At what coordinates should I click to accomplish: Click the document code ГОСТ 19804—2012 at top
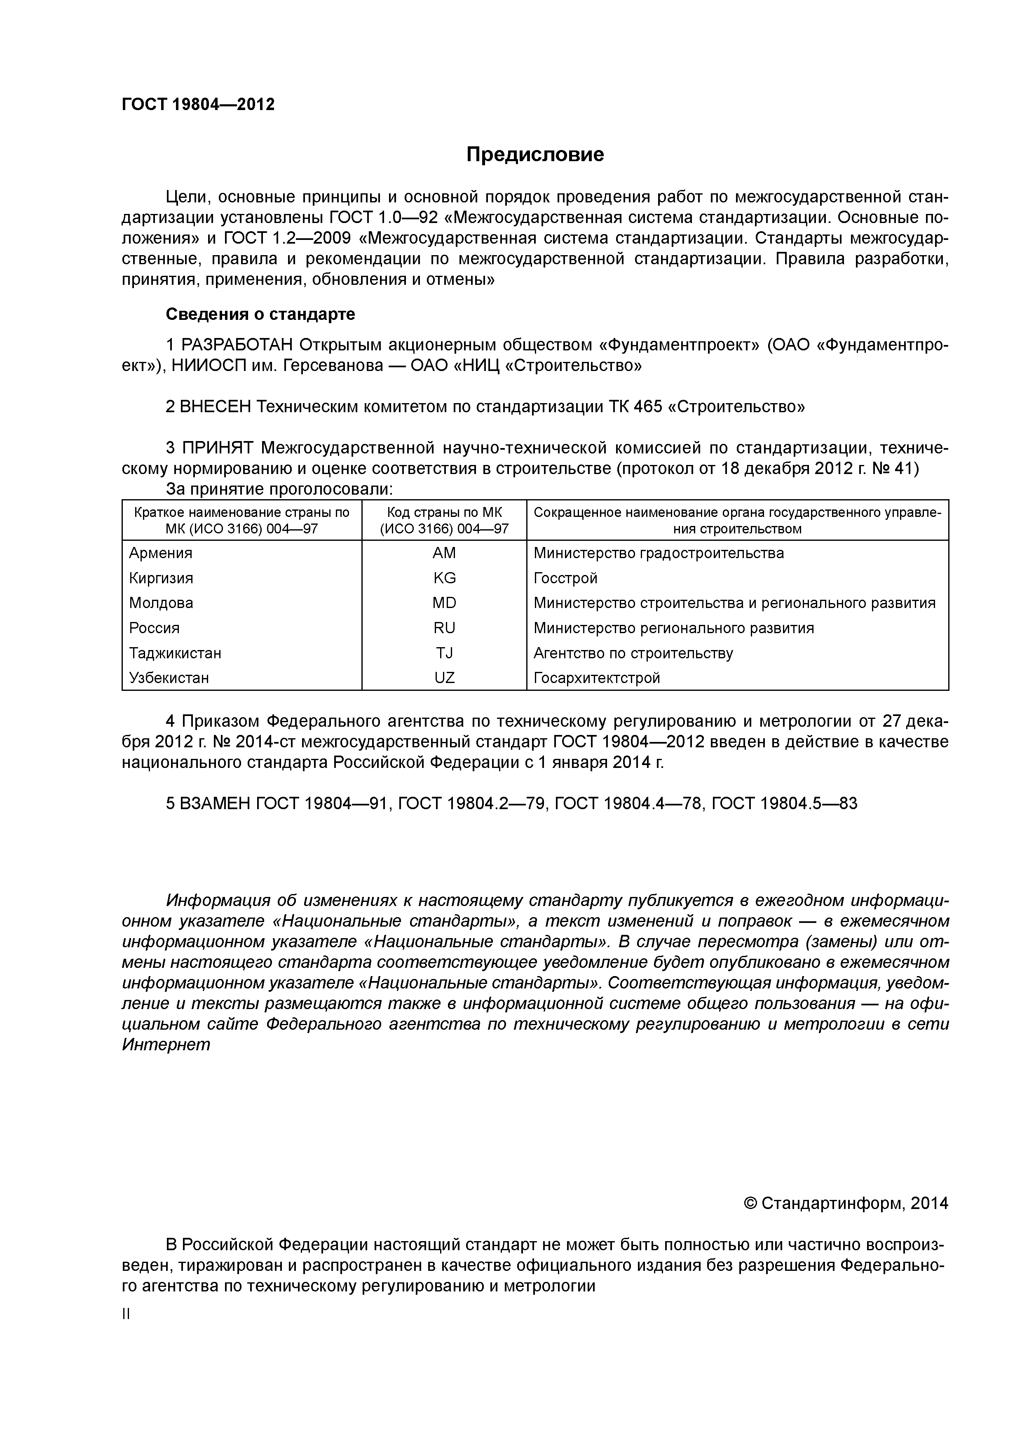[198, 105]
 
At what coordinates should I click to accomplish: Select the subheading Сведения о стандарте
[260, 314]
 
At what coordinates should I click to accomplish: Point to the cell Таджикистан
[175, 653]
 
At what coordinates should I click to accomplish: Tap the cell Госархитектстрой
[596, 678]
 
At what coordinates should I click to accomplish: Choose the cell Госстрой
[565, 578]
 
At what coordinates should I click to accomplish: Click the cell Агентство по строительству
[633, 653]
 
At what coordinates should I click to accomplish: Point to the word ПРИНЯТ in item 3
[217, 448]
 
